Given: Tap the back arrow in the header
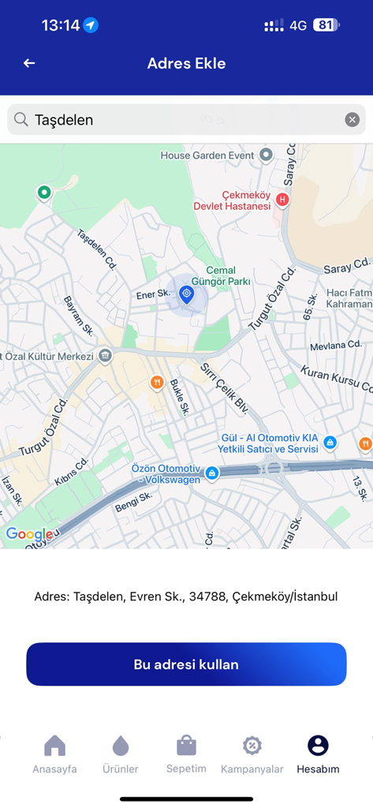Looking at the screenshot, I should tap(29, 63).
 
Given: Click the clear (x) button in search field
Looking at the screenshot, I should tap(352, 120).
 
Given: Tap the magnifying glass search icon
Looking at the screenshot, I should tap(21, 119).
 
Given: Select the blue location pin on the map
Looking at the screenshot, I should tap(186, 295).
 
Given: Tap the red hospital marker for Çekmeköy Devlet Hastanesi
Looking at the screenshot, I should tap(282, 200).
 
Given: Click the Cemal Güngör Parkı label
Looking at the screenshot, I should tap(221, 275).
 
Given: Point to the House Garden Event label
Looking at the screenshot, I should tap(207, 155).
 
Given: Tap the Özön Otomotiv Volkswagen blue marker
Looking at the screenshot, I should tap(211, 473).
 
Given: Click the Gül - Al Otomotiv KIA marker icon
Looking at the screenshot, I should tap(330, 443).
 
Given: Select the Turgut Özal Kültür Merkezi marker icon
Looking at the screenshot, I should tap(105, 356).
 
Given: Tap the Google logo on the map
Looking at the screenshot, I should tap(28, 534).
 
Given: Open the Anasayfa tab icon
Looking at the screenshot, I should tap(54, 746).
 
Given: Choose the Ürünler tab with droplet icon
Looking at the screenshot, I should tap(121, 746).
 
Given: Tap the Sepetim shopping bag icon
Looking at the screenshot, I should tap(186, 745).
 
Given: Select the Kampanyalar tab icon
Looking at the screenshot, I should tap(252, 746).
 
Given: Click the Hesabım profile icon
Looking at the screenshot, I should tap(318, 746).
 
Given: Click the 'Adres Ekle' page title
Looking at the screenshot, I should tap(186, 63).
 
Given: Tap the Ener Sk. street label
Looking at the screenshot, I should tap(153, 294).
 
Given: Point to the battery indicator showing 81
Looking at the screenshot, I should tap(326, 25).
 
